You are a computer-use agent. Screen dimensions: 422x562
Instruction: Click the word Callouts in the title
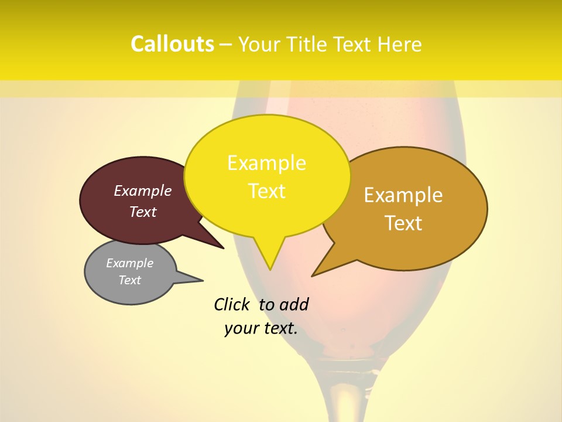pos(172,44)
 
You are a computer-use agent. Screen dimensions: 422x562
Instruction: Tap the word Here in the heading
pos(399,45)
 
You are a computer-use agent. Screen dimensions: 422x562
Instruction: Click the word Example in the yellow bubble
pos(267,163)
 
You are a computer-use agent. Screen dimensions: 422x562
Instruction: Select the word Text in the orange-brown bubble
pos(403,223)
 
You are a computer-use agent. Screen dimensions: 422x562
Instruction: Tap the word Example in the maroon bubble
pos(143,190)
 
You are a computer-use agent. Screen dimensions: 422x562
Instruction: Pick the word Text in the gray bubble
pos(130,280)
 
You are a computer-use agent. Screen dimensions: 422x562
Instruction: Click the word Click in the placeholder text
pos(232,304)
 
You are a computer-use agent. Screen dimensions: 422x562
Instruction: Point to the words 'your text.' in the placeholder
pos(261,328)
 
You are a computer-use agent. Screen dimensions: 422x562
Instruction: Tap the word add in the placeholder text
pos(294,304)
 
